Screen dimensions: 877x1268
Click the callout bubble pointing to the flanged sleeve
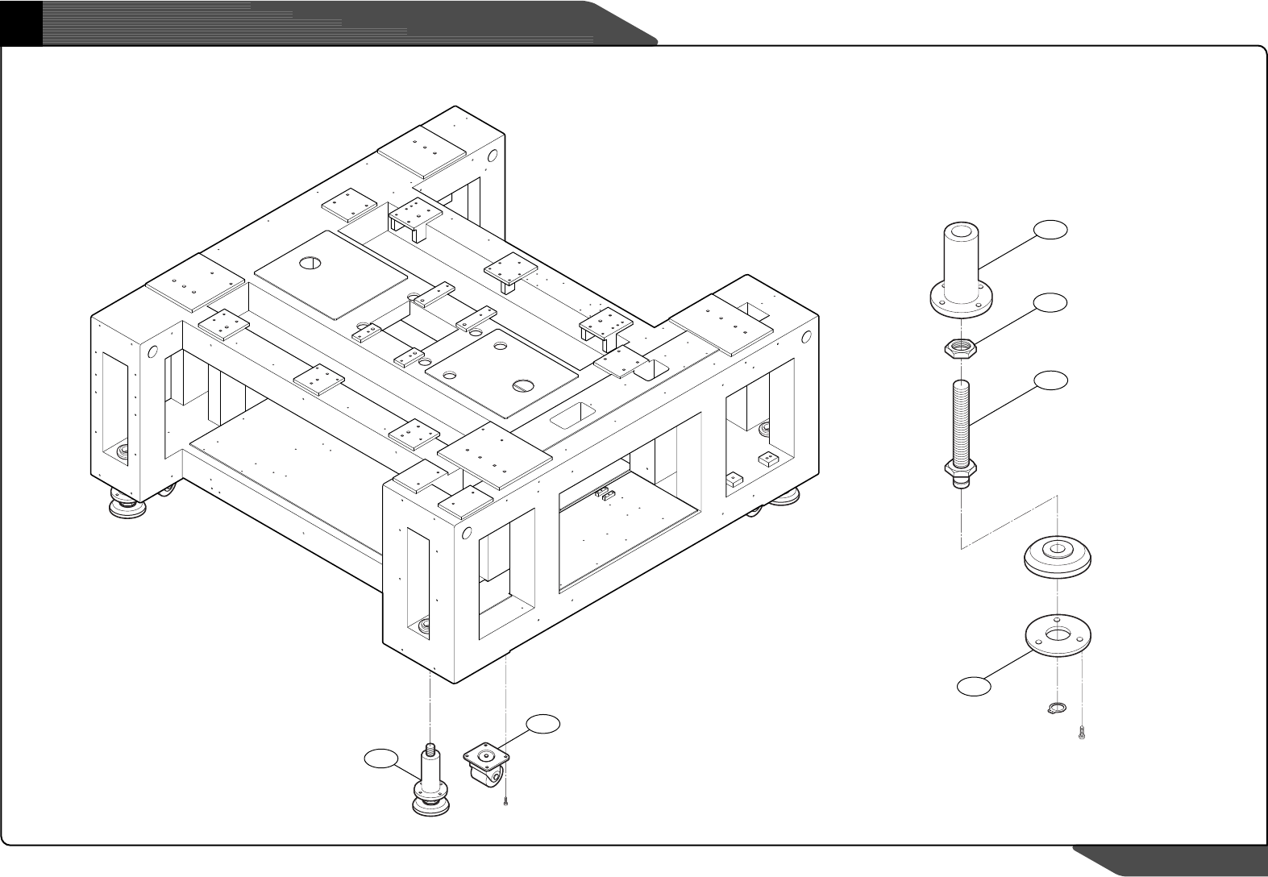click(x=1050, y=230)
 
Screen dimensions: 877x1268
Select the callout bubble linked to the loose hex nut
click(x=1050, y=303)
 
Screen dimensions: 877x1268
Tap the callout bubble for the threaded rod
click(x=1050, y=380)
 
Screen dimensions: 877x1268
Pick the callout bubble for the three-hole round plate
click(x=974, y=686)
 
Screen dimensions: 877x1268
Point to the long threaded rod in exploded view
click(x=961, y=419)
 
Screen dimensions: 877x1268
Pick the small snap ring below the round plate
click(x=1055, y=709)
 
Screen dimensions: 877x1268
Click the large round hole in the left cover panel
click(x=310, y=263)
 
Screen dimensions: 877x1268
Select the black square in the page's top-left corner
click(x=21, y=22)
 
